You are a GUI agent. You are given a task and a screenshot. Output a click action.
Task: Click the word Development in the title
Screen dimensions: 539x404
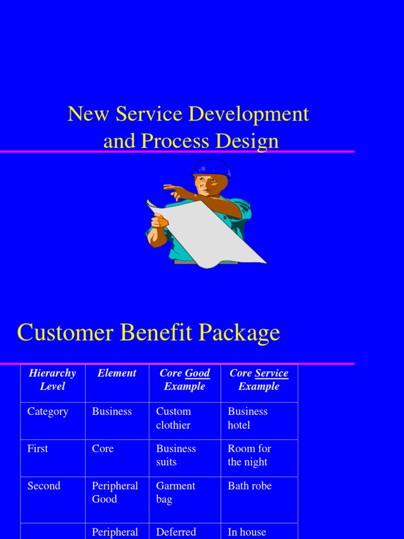click(x=249, y=114)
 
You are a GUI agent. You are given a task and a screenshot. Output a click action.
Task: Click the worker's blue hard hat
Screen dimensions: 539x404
click(x=211, y=167)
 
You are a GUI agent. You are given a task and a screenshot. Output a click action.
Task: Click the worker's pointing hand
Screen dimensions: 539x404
click(x=170, y=188)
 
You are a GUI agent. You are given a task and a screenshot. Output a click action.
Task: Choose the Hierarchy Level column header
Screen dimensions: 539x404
click(x=52, y=380)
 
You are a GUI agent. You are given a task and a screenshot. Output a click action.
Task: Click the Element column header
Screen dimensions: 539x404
click(x=117, y=373)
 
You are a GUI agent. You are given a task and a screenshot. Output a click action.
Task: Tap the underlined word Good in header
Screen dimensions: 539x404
click(x=197, y=373)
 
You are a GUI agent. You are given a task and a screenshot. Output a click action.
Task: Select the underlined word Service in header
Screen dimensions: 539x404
click(x=271, y=373)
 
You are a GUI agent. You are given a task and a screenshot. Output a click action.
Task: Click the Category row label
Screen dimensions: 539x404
click(x=48, y=412)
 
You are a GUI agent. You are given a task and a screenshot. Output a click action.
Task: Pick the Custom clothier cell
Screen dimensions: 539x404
click(x=174, y=418)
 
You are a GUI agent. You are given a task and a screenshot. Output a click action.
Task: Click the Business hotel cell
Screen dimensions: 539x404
click(x=247, y=418)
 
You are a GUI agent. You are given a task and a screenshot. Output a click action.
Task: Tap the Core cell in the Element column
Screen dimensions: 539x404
click(x=103, y=448)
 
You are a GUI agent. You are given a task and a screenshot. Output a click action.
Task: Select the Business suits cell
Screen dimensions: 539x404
click(x=176, y=455)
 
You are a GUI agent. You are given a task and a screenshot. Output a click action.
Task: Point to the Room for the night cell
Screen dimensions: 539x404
click(x=249, y=455)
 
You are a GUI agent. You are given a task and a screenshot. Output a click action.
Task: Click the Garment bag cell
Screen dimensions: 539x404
click(x=175, y=492)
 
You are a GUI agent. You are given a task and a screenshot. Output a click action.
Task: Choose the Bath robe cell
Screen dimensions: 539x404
click(x=249, y=486)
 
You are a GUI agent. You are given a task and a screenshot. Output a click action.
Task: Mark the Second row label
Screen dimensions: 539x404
click(x=44, y=486)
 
